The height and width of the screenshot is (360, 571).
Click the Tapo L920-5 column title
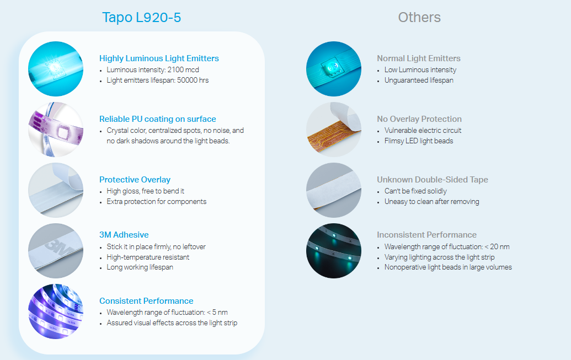coord(141,18)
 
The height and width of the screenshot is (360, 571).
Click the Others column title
coord(419,18)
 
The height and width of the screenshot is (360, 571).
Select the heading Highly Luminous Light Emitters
coord(159,58)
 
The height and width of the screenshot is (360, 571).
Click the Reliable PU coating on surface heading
coord(158,119)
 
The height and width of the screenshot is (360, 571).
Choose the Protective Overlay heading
coord(135,180)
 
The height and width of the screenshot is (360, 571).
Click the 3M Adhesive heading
coord(124,235)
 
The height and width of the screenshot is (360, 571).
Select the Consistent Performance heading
coord(146,301)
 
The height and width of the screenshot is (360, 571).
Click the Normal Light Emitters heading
coord(419,58)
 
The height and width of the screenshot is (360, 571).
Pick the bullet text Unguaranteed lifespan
coord(419,80)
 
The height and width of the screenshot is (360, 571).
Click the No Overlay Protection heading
coord(419,119)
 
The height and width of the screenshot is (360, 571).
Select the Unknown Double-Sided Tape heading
coord(433,180)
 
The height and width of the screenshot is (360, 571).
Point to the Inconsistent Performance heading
coord(427,235)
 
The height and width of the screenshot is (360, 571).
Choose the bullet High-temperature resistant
coord(148,257)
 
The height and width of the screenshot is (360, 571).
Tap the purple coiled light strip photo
coord(56,311)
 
